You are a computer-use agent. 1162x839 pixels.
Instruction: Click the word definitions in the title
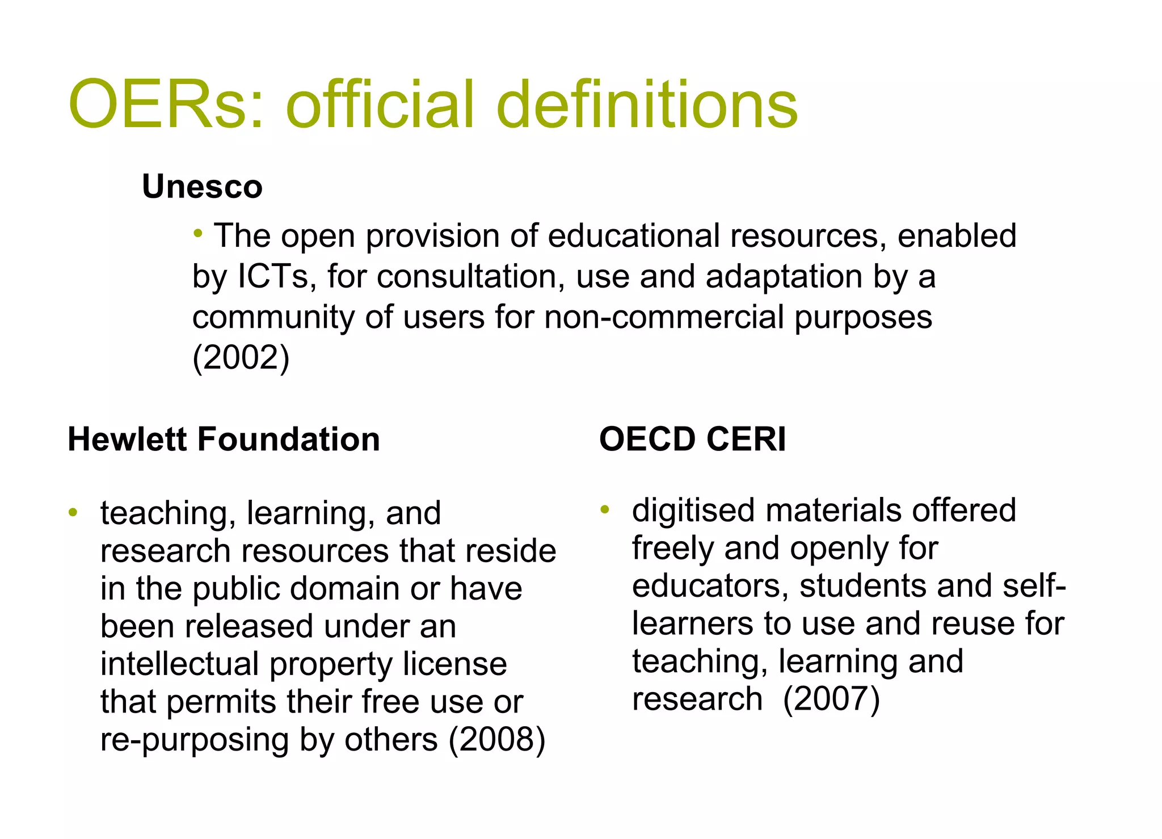pyautogui.click(x=647, y=105)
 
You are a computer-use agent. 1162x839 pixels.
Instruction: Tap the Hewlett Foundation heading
pyautogui.click(x=224, y=439)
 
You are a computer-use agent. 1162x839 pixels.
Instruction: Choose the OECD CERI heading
pyautogui.click(x=692, y=439)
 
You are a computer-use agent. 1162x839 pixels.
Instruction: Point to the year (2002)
pyautogui.click(x=241, y=357)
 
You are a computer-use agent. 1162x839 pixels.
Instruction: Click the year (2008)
pyautogui.click(x=497, y=739)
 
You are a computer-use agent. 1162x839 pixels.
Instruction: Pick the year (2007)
pyautogui.click(x=831, y=698)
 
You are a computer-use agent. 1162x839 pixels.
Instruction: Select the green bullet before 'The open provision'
pyautogui.click(x=198, y=233)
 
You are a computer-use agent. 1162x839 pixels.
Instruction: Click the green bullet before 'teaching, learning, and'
pyautogui.click(x=73, y=513)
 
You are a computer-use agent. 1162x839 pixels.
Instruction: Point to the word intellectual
pyautogui.click(x=179, y=664)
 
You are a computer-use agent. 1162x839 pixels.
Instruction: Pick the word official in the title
pyautogui.click(x=381, y=105)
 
